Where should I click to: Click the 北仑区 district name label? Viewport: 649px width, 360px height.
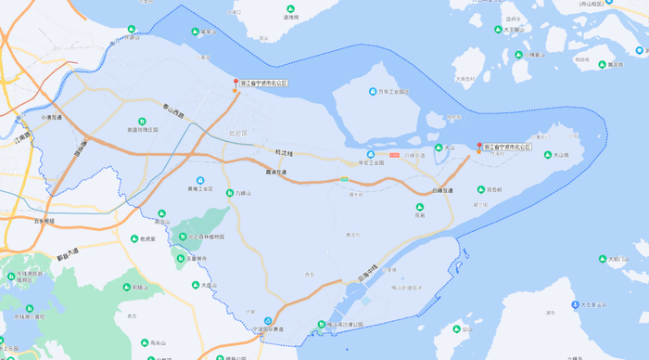[x=237, y=133]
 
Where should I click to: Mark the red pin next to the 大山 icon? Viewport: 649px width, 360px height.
[x=479, y=147]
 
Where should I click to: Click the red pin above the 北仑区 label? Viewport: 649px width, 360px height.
[x=235, y=84]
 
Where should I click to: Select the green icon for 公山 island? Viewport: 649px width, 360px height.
[x=453, y=328]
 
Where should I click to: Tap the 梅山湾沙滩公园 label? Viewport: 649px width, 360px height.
[x=349, y=325]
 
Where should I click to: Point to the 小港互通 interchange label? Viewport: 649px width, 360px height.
[x=51, y=119]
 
